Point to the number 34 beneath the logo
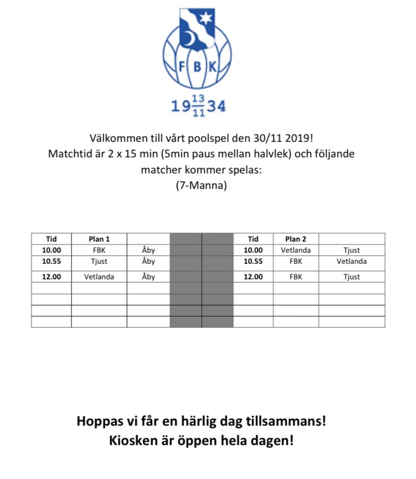pos(217,106)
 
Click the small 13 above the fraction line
pos(198,99)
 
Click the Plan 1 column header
pos(99,239)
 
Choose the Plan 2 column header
pos(296,239)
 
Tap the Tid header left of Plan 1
pos(51,239)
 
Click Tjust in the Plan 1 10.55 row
pos(99,261)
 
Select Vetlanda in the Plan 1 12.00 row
pos(99,277)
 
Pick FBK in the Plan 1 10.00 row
pos(99,250)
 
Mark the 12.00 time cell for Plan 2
pos(253,277)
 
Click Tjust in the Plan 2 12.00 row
pos(352,277)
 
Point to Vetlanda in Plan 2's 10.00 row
pos(296,250)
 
